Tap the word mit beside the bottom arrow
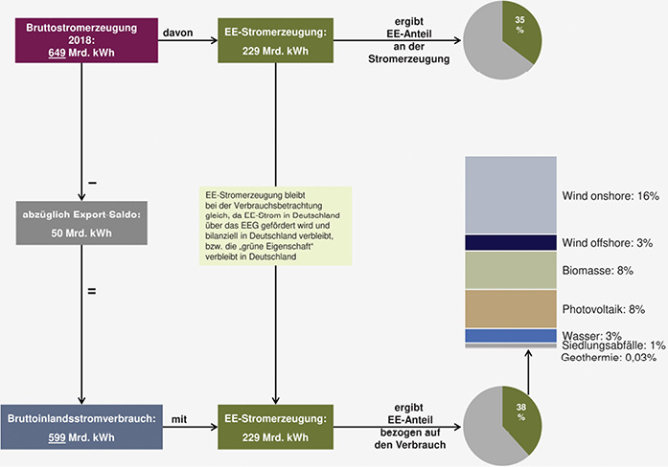(179, 417)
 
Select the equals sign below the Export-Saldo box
(92, 289)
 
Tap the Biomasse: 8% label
(598, 271)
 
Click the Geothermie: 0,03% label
(609, 357)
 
